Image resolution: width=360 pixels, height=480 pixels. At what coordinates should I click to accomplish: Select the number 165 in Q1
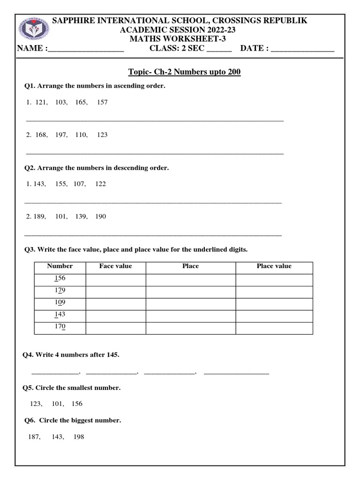[x=81, y=102]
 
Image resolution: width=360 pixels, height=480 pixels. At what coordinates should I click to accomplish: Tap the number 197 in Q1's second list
[x=61, y=135]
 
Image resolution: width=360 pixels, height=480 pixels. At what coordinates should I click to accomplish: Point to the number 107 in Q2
[x=79, y=184]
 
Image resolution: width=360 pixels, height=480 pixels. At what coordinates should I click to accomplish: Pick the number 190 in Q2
[x=100, y=217]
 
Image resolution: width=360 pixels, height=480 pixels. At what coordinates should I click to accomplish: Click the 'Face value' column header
[x=115, y=266]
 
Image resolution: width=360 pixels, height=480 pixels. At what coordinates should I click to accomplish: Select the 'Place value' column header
[x=274, y=266]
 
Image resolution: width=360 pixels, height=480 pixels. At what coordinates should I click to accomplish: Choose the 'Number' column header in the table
[x=60, y=266]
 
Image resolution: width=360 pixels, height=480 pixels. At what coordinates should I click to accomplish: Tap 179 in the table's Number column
[x=60, y=291]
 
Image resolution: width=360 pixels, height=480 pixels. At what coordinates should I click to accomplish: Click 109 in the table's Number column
[x=60, y=303]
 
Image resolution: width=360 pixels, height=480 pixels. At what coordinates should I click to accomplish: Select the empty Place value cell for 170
[x=274, y=327]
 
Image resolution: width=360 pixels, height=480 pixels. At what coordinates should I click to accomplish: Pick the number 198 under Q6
[x=79, y=437]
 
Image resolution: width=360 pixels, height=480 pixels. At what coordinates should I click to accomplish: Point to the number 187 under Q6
[x=34, y=437]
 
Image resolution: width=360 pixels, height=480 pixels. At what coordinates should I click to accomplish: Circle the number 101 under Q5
[x=58, y=404]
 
